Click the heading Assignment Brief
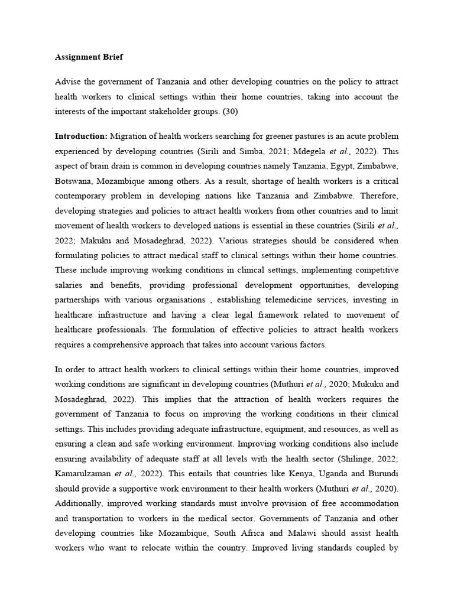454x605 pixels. coord(89,57)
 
